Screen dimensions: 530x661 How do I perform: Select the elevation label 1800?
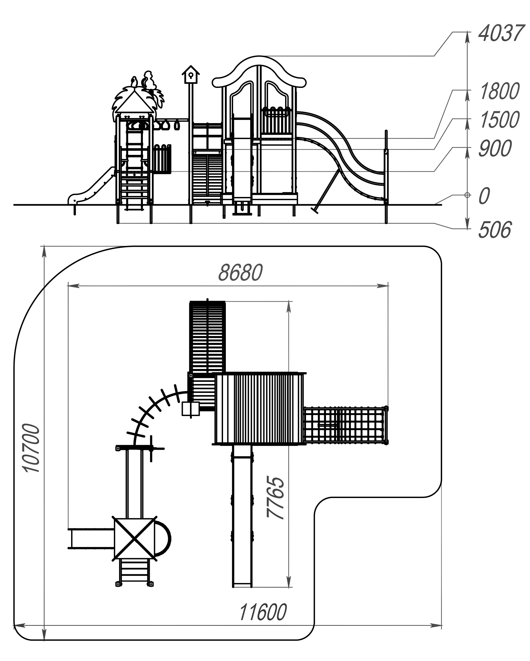click(x=499, y=91)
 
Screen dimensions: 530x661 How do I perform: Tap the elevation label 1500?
click(x=499, y=120)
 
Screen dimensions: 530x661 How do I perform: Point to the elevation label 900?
click(x=495, y=148)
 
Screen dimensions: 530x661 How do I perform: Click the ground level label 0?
click(x=484, y=196)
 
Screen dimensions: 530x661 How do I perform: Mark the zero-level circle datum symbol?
click(x=467, y=195)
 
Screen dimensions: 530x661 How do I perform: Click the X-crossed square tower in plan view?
click(x=134, y=537)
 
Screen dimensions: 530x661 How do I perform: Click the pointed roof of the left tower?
click(x=134, y=100)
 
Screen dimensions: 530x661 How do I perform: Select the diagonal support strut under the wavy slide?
click(x=325, y=192)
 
